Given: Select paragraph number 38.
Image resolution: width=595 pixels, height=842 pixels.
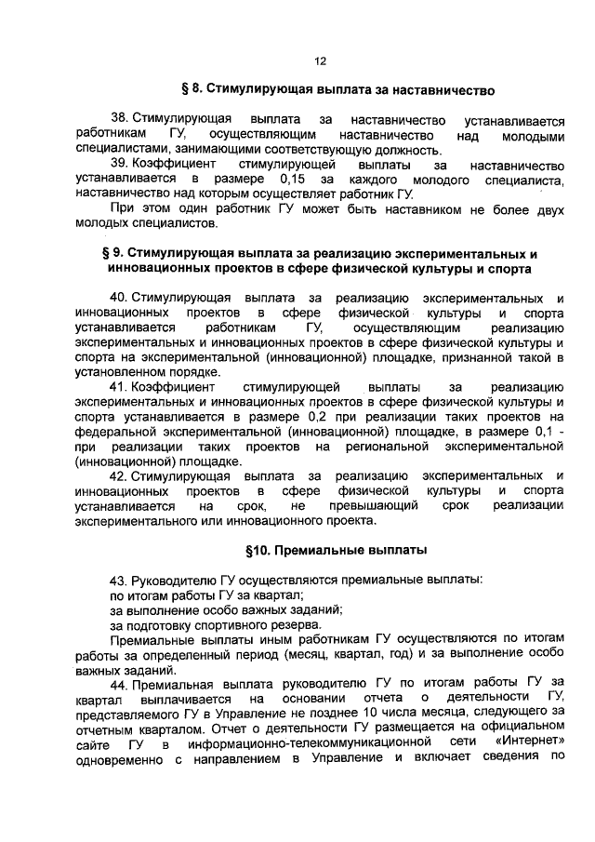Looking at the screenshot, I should (x=119, y=120).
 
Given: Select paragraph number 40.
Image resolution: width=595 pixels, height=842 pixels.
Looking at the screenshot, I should (x=119, y=298).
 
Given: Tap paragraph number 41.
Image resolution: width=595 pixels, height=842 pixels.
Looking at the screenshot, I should (x=119, y=386).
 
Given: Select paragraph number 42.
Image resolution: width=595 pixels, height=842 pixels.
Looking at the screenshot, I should (x=119, y=476).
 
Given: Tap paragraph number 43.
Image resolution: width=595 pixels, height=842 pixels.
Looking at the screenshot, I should (x=119, y=581).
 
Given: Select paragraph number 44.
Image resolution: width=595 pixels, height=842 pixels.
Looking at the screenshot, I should (x=119, y=685).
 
